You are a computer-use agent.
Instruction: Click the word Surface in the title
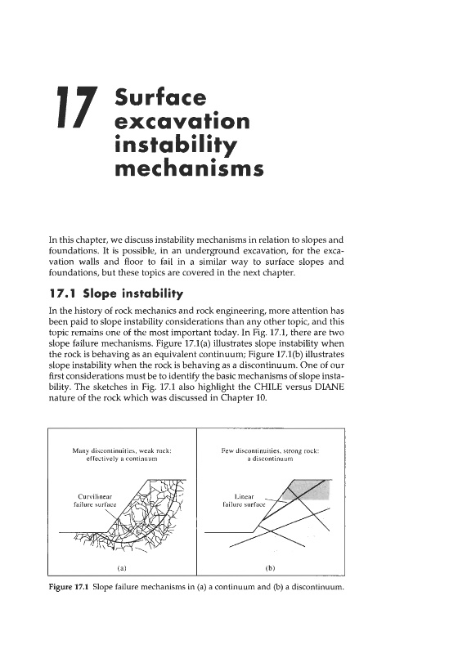[160, 97]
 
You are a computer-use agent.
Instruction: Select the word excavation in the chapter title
[182, 121]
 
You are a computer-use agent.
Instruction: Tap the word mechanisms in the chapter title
[189, 168]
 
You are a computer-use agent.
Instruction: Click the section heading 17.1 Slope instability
[116, 294]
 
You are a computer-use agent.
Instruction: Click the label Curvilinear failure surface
[95, 500]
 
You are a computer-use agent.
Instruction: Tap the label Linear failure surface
[244, 500]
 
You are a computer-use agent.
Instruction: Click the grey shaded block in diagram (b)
[307, 490]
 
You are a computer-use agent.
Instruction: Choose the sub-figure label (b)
[270, 567]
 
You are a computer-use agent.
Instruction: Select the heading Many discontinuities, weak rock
[122, 450]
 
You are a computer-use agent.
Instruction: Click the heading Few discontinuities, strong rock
[270, 450]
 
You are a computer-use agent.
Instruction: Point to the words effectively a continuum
[122, 459]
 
